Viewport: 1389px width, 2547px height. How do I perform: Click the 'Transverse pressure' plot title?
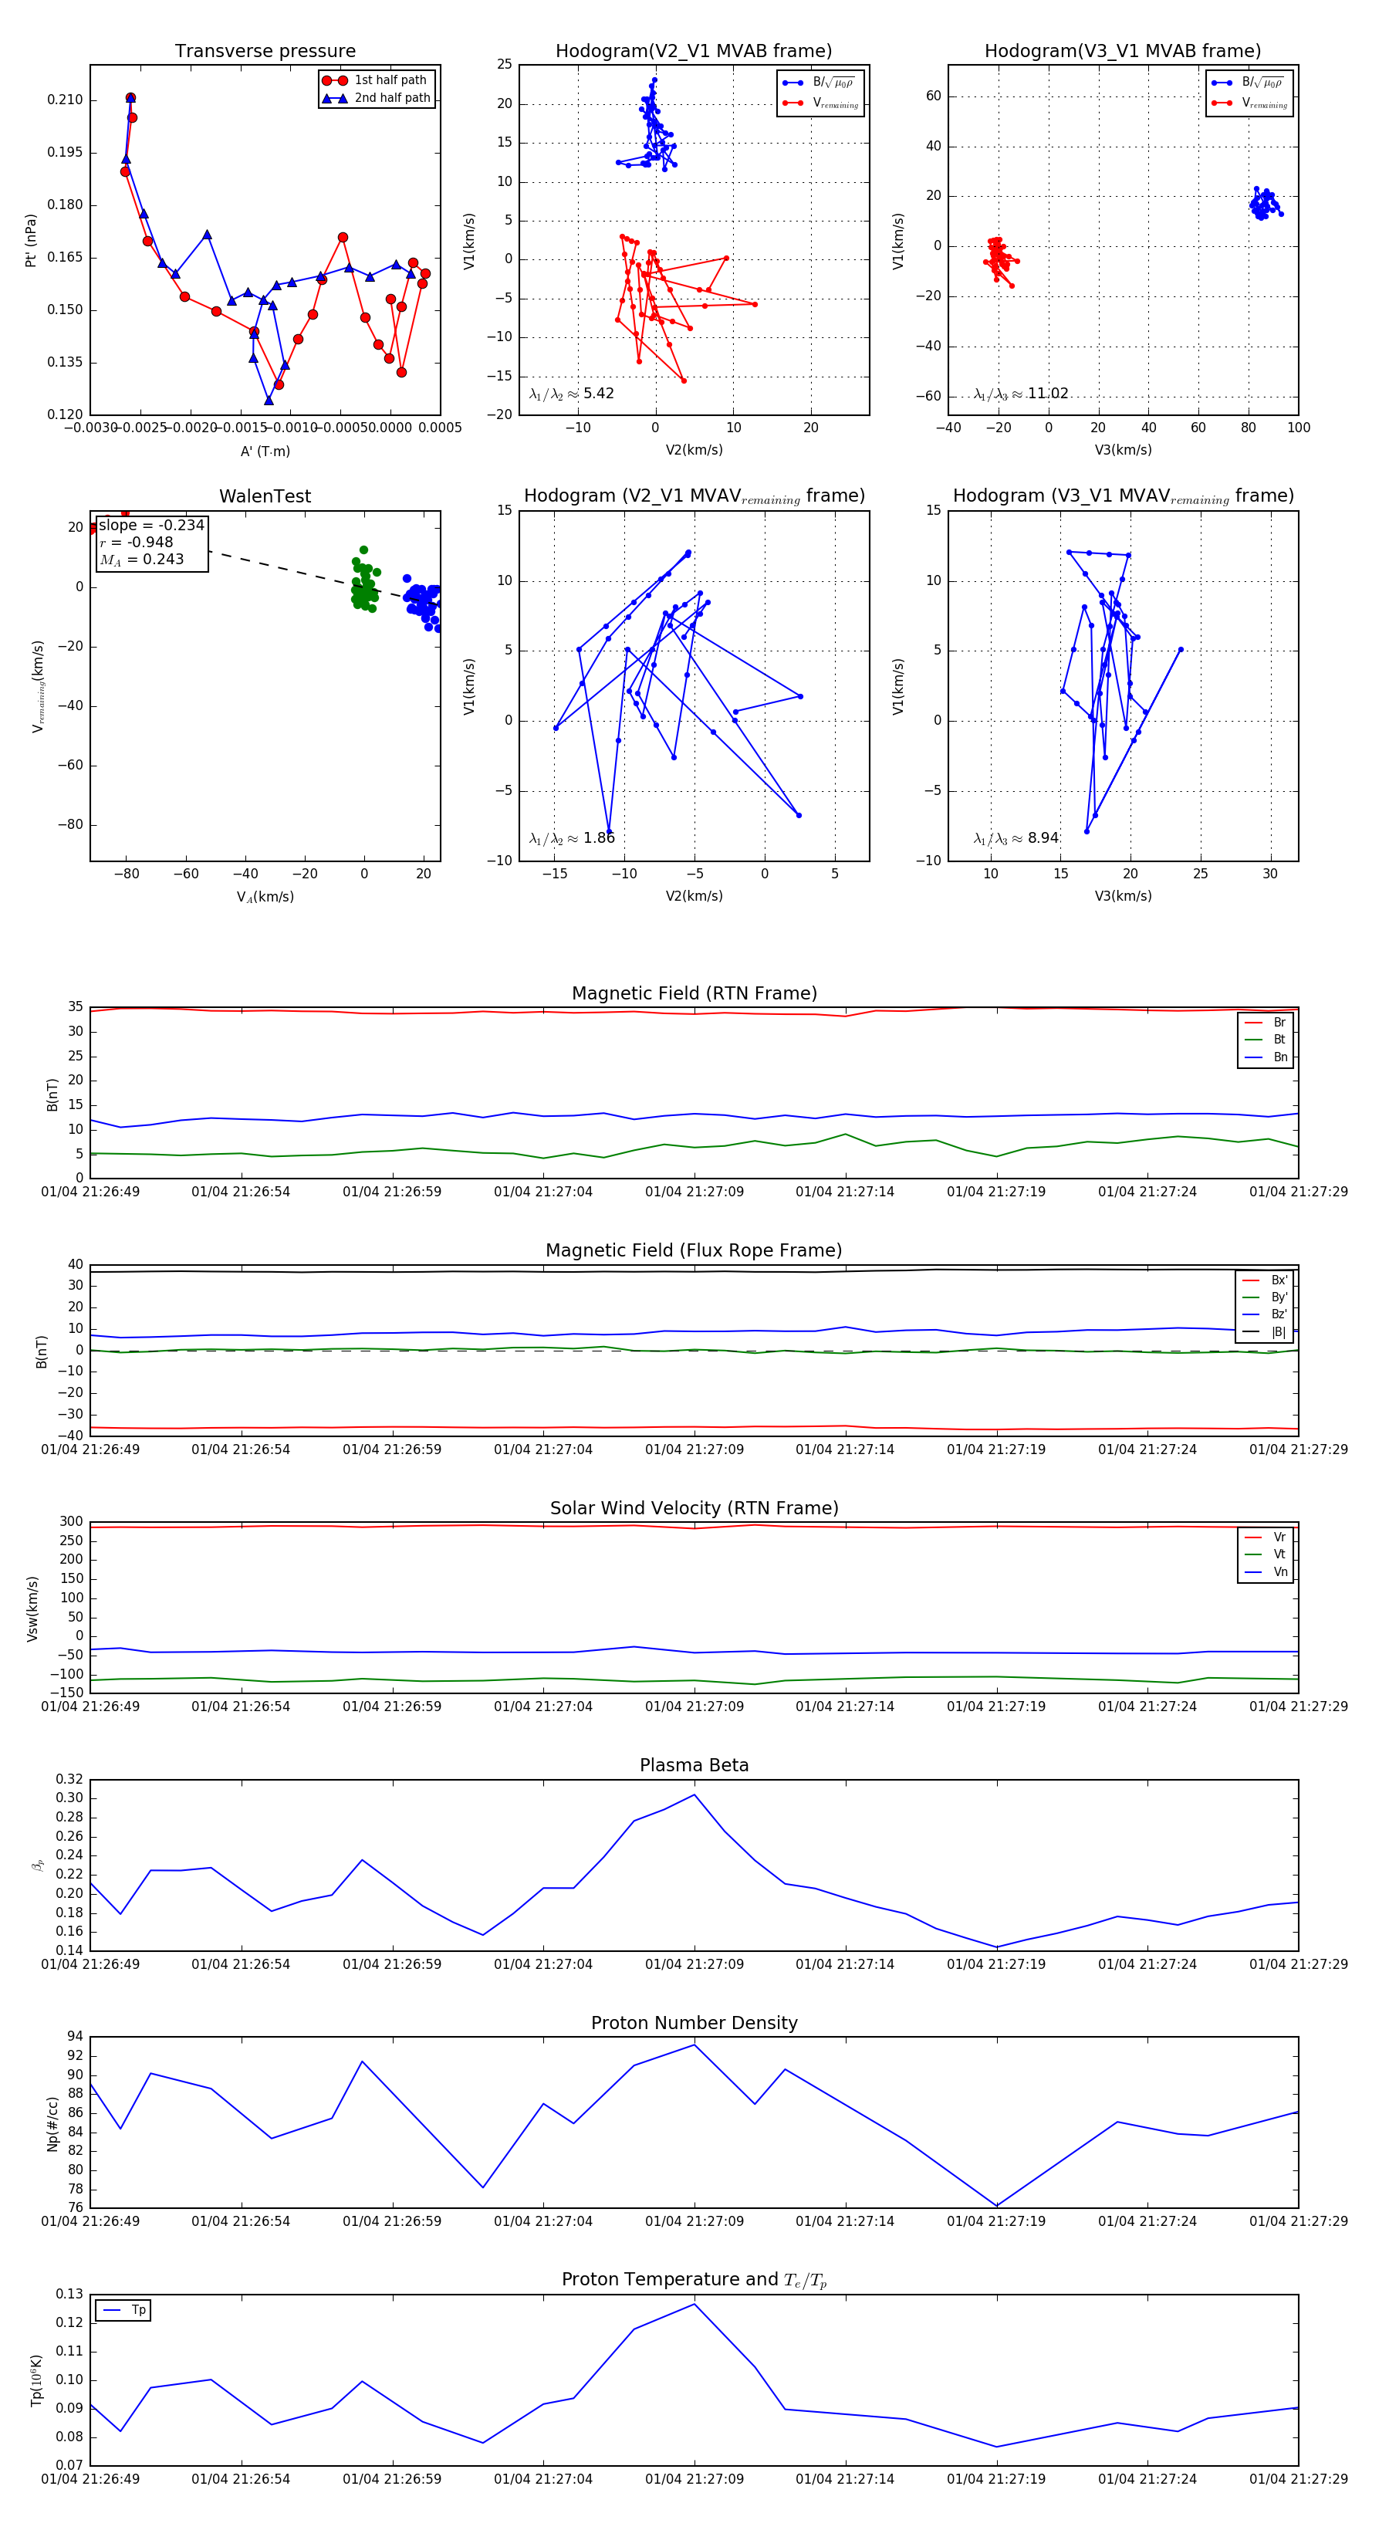(x=265, y=52)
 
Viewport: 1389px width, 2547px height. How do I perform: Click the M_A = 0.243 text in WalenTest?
(x=141, y=560)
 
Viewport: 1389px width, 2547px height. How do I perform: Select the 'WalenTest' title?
(x=265, y=496)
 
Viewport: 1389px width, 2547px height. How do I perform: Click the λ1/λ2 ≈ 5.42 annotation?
(x=571, y=394)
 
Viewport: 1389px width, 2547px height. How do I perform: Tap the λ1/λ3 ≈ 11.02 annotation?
(x=1020, y=394)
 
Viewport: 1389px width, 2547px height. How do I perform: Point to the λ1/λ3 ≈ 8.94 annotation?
(x=1016, y=838)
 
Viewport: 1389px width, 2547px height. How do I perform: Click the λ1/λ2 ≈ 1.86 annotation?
(x=571, y=838)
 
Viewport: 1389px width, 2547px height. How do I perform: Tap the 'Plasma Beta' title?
(x=694, y=1766)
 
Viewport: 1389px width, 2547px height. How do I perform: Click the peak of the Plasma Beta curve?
(x=694, y=1794)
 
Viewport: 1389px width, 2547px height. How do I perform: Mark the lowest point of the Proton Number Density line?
(x=996, y=2206)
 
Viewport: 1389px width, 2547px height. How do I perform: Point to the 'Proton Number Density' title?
(x=694, y=2023)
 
